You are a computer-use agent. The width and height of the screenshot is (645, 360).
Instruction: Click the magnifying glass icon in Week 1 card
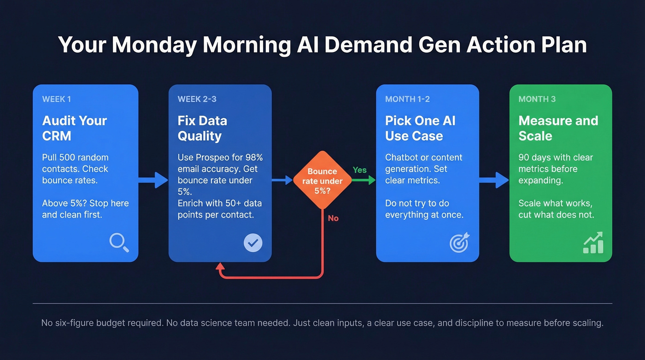click(119, 242)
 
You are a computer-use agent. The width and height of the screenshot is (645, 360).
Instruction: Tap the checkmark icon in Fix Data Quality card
click(253, 242)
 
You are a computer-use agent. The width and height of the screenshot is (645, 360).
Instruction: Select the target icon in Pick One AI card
click(459, 242)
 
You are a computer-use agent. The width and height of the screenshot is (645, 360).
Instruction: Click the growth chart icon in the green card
click(593, 243)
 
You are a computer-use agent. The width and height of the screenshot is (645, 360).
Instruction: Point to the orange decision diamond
click(322, 180)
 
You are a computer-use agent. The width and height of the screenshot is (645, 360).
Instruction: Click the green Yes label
click(359, 170)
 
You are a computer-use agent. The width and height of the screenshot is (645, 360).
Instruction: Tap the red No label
click(333, 218)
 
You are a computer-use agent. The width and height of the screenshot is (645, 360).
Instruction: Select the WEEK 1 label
click(57, 99)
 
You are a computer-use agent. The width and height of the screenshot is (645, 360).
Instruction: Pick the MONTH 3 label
click(537, 99)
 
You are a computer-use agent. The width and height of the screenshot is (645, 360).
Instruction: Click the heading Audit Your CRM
click(74, 128)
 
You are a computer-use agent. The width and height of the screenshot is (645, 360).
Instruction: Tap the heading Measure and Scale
click(558, 128)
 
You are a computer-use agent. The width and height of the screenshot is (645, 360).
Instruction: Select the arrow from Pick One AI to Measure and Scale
click(494, 180)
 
